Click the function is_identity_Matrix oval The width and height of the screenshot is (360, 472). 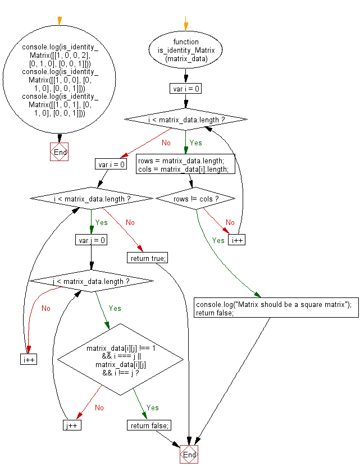pyautogui.click(x=185, y=50)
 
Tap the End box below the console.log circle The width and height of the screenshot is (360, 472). pyautogui.click(x=60, y=152)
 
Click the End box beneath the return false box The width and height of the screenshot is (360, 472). pyautogui.click(x=189, y=453)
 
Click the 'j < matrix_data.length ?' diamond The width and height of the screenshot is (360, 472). pyautogui.click(x=90, y=281)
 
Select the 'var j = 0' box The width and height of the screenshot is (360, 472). pyautogui.click(x=90, y=240)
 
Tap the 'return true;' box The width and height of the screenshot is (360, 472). pyautogui.click(x=148, y=258)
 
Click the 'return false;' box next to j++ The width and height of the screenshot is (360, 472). pyautogui.click(x=149, y=425)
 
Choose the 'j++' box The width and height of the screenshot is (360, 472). pyautogui.click(x=72, y=425)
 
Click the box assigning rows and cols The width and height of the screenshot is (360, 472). pyautogui.click(x=185, y=165)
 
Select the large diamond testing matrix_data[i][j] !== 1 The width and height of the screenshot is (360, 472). pyautogui.click(x=121, y=359)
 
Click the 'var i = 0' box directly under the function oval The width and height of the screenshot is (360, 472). pyautogui.click(x=185, y=88)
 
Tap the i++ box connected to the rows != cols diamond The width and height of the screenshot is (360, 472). pyautogui.click(x=236, y=240)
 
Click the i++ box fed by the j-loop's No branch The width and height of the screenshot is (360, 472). pyautogui.click(x=29, y=359)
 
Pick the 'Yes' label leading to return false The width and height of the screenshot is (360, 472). pyautogui.click(x=152, y=407)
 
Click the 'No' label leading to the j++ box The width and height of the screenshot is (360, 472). pyautogui.click(x=99, y=407)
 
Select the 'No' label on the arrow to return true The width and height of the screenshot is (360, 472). pyautogui.click(x=130, y=222)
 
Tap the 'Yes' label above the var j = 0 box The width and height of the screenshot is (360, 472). pyautogui.click(x=101, y=222)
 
